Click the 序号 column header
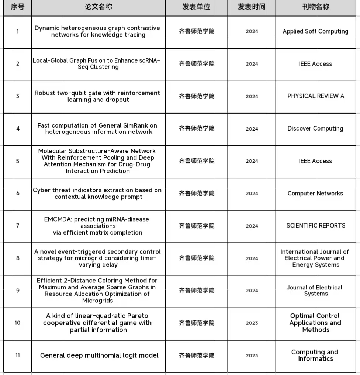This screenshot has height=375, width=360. tap(17, 7)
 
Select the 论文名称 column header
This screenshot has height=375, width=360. tap(98, 7)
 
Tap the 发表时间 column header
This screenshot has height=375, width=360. tap(252, 7)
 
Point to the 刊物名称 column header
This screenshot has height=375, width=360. tap(315, 7)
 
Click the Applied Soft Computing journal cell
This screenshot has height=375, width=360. tap(315, 31)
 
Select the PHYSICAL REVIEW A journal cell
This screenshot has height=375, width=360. tap(315, 96)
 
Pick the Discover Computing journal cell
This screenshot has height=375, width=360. tap(315, 128)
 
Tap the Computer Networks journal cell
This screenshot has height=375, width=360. tap(315, 193)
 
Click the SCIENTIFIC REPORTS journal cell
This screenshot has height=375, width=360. tap(316, 225)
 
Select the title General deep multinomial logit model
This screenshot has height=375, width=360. tap(99, 355)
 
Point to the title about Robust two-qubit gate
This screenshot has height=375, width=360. tap(97, 96)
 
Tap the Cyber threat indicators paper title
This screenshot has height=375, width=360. tap(97, 193)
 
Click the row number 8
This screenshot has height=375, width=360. tap(18, 258)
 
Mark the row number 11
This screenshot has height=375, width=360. tap(18, 355)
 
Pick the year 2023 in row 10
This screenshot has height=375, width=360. tap(252, 323)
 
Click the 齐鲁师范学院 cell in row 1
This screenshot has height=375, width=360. tap(197, 31)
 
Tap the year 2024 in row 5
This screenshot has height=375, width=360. tap(252, 161)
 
